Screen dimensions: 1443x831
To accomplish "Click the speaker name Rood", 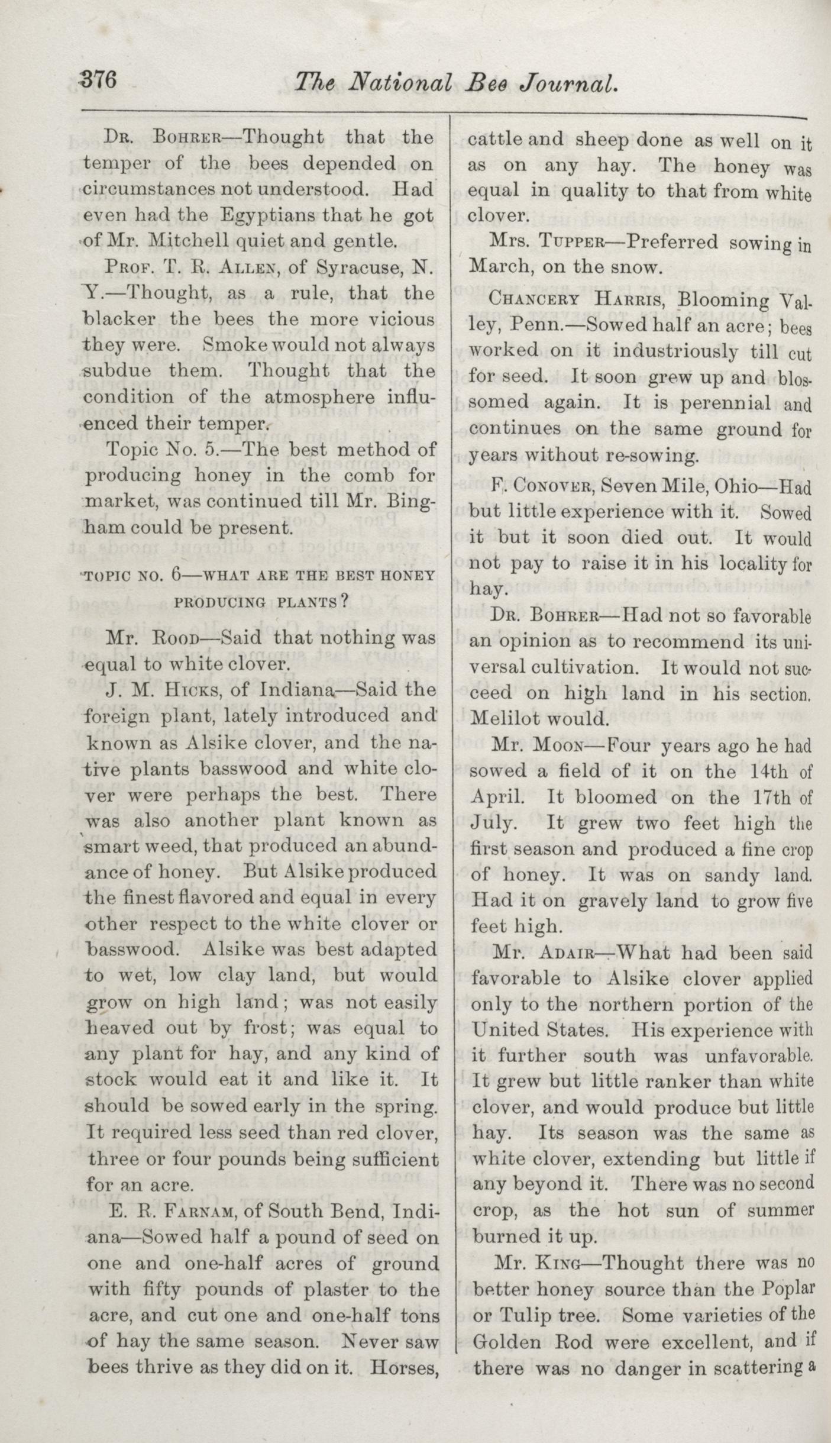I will [174, 638].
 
